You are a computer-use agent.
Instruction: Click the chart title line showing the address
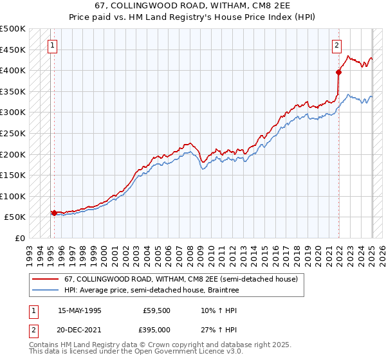coord(193,6)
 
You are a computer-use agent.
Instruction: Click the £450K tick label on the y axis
coord(13,50)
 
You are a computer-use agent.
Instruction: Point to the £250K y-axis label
coord(13,133)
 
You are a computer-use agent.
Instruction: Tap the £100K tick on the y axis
coord(13,196)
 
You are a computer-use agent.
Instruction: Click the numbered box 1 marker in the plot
coord(51,45)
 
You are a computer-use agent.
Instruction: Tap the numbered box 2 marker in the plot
coord(336,45)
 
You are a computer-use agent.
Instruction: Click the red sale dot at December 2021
coord(338,73)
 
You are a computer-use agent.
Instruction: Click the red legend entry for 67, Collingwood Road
coord(181,280)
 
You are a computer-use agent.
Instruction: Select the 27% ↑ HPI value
coord(210,329)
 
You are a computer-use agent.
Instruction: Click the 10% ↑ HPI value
coord(210,310)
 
